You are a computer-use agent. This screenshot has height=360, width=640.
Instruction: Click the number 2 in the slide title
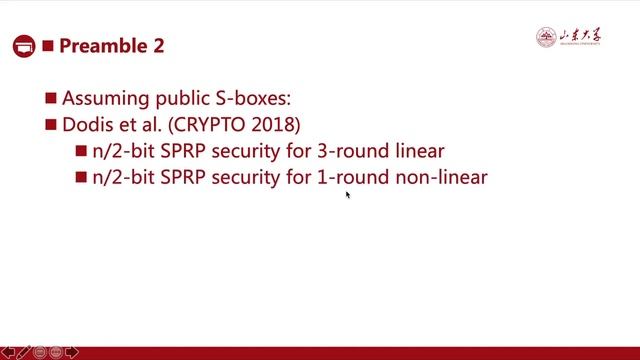156,46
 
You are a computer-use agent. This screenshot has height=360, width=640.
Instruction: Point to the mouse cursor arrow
348,195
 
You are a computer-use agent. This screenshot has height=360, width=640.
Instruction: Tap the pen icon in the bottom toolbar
25,352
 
